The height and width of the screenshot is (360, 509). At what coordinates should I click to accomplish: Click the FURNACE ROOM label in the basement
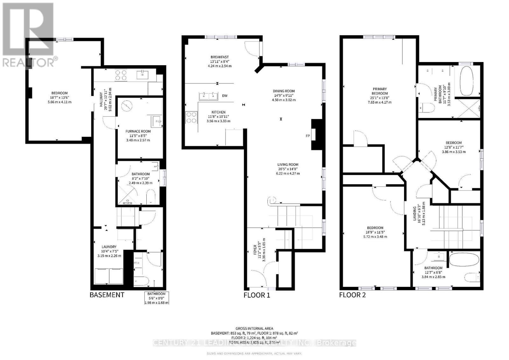coord(138,131)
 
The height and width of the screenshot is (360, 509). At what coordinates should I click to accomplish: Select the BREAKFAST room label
coord(219,57)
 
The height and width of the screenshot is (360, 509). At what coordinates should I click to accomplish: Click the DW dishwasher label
coord(225,96)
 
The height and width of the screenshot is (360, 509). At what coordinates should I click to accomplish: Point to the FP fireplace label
coord(308,136)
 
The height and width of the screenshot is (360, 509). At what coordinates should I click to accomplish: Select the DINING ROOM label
coord(283,91)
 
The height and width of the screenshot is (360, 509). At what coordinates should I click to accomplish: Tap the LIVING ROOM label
coord(288,165)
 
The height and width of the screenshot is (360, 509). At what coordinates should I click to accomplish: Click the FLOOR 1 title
coord(256,295)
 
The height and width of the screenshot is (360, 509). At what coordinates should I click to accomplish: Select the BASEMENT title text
coord(107,295)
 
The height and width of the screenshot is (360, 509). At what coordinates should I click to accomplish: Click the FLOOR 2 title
coord(352,295)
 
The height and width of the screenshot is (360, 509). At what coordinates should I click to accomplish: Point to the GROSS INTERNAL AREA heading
coord(254,329)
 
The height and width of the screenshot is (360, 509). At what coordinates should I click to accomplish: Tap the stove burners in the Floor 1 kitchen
coord(191,117)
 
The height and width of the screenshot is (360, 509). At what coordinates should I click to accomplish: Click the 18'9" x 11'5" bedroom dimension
coord(375,232)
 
